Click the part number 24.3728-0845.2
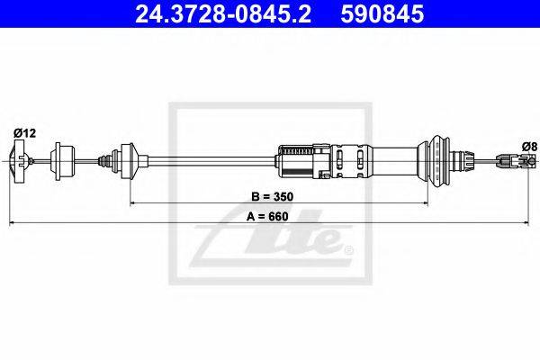(223, 14)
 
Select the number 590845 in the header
(382, 14)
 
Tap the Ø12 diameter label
(24, 133)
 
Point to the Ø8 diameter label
(529, 147)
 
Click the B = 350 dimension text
(272, 197)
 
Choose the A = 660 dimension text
(267, 216)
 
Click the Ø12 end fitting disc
(18, 161)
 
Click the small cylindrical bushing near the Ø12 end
(62, 161)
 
